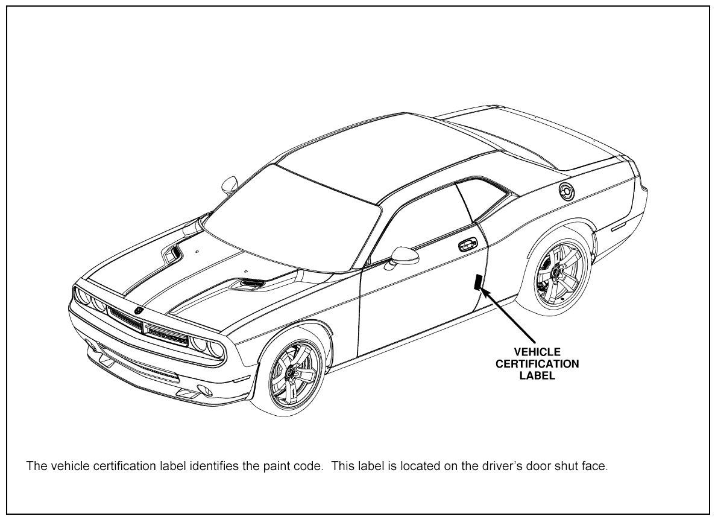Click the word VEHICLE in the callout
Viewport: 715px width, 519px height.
pos(537,352)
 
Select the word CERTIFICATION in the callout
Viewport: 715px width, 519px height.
pos(537,364)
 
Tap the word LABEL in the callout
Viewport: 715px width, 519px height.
pos(537,376)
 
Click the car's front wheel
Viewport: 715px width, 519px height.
pos(294,375)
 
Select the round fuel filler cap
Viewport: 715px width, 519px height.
pos(567,191)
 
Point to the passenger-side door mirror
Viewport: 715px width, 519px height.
pos(229,184)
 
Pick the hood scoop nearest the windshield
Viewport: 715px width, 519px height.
pos(172,254)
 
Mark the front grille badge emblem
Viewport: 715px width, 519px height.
pos(138,310)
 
